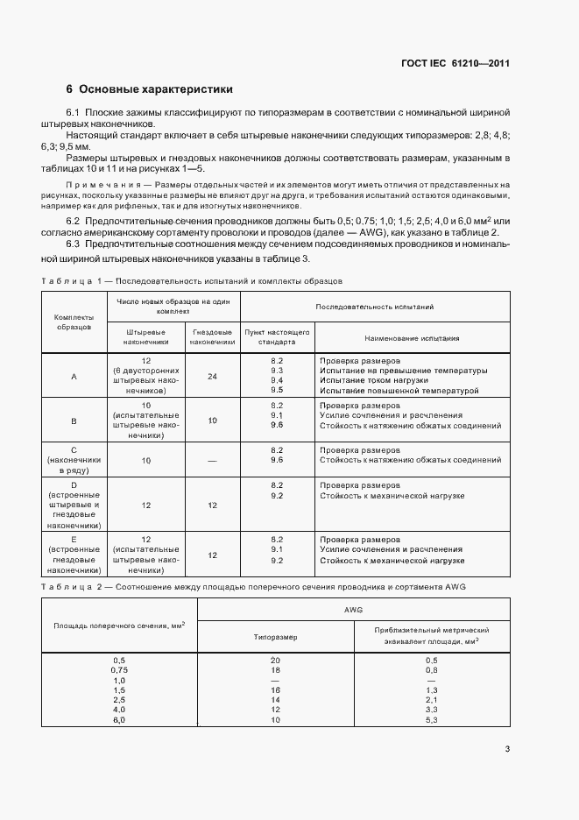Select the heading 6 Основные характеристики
[x=149, y=89]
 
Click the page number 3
[x=507, y=748]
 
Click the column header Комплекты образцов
[x=74, y=321]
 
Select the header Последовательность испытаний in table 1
[x=375, y=307]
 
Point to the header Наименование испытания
[x=413, y=337]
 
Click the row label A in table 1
[x=74, y=376]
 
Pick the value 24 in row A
[x=212, y=376]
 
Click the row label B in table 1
[x=74, y=421]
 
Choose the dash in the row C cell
[x=212, y=460]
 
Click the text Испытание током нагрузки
[x=373, y=380]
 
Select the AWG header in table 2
[x=354, y=609]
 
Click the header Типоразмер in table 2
[x=275, y=637]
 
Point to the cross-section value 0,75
[x=119, y=670]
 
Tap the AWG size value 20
[x=275, y=660]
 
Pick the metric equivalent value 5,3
[x=431, y=719]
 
